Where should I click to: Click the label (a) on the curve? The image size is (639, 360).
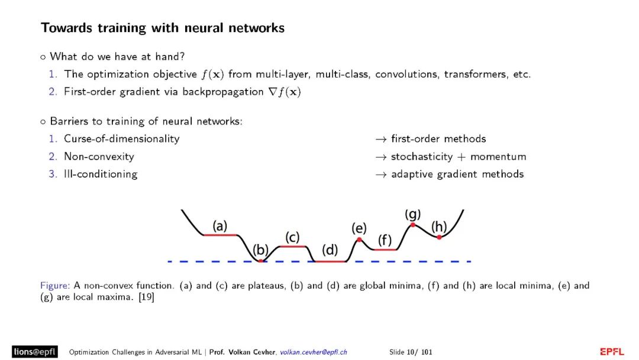coord(220,226)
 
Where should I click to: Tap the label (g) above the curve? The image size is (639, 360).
coord(412,213)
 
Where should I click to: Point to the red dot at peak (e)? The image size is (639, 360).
coord(359,239)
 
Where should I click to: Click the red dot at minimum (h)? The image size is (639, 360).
coord(439,237)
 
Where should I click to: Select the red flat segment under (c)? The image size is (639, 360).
coord(292,246)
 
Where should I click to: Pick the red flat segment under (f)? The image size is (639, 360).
coord(385,250)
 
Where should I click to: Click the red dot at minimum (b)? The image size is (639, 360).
coord(260,261)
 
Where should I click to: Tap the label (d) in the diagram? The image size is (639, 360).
coord(330,250)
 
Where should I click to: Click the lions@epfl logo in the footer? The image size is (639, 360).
coord(35,352)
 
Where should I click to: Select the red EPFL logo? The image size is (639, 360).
coord(612,352)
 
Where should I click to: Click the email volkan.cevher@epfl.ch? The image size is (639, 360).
coord(314,352)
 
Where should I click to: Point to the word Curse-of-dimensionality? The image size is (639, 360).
coord(122,139)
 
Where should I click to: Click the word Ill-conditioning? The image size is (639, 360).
coord(101,174)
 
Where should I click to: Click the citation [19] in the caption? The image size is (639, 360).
coord(146,297)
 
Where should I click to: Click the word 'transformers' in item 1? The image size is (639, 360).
coord(474,75)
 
